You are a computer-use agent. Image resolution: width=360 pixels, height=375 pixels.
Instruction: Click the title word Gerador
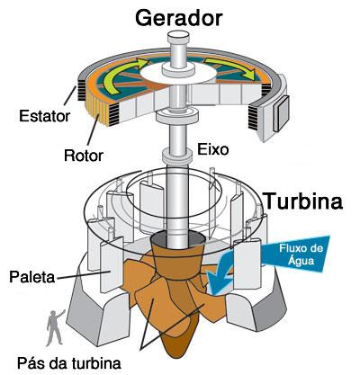tap(179, 19)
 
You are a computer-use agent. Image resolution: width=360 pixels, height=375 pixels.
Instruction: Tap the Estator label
tap(44, 116)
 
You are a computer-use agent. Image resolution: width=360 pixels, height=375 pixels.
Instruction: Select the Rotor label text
tap(84, 156)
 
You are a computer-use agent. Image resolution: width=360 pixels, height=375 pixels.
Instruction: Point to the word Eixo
tap(212, 149)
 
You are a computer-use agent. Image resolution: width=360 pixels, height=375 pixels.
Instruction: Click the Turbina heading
tap(304, 201)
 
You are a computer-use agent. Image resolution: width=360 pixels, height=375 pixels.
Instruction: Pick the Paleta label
tap(32, 277)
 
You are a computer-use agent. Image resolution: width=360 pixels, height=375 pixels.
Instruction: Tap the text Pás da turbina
tap(69, 363)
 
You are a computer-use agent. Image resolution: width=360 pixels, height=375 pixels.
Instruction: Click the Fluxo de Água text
tap(301, 254)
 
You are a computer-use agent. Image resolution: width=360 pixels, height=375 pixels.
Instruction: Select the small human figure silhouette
tap(55, 327)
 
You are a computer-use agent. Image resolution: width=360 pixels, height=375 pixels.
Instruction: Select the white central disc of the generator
tap(178, 74)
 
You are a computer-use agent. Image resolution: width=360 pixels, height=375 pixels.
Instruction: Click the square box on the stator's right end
tap(281, 114)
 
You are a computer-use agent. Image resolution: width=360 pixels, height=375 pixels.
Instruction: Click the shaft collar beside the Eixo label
tap(177, 155)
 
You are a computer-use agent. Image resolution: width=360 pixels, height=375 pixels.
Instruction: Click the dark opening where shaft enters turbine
tap(178, 239)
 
